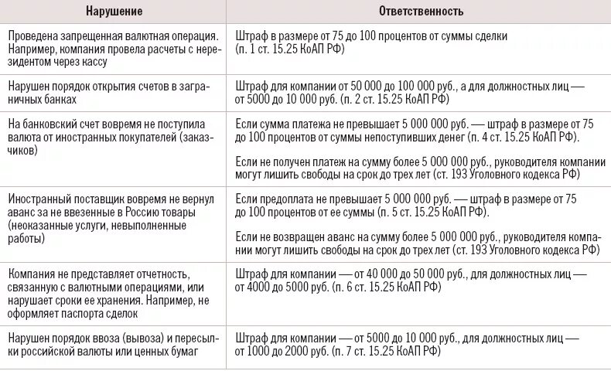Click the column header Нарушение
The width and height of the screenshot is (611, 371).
pos(114,12)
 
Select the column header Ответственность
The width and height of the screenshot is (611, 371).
pos(421,12)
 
